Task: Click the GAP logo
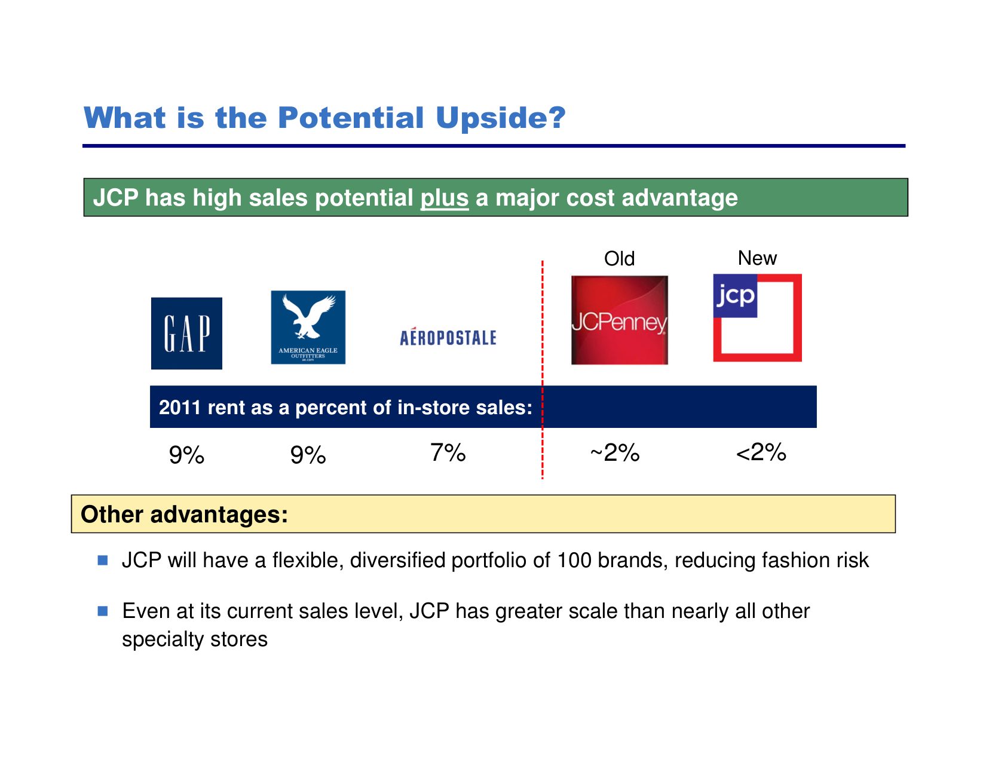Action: [186, 333]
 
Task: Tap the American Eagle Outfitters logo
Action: [308, 328]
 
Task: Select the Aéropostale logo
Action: [448, 336]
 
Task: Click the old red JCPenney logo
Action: [619, 320]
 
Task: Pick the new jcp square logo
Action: [757, 318]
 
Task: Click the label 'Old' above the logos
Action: [619, 259]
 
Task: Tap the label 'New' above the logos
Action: [757, 258]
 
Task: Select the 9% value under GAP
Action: [186, 454]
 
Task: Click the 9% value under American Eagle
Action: [308, 454]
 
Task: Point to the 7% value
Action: [448, 452]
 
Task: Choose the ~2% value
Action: [615, 452]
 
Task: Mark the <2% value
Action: [761, 452]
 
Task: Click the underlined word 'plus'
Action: [444, 198]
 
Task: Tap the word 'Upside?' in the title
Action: [501, 118]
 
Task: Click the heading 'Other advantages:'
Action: [184, 514]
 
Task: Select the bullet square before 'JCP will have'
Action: [103, 560]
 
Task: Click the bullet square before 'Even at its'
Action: [103, 611]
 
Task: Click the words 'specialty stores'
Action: [195, 639]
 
